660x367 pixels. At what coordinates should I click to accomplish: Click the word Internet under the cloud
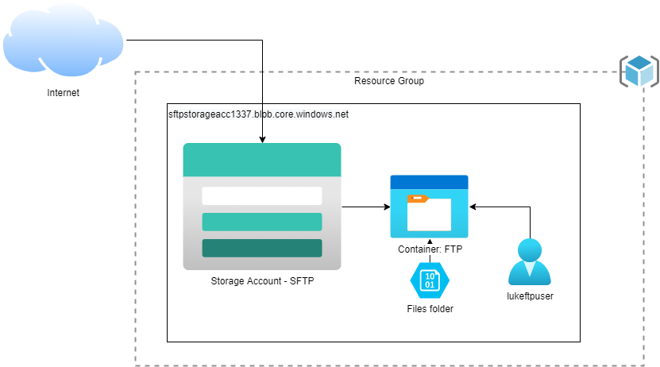click(64, 93)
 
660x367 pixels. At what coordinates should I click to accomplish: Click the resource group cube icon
click(639, 71)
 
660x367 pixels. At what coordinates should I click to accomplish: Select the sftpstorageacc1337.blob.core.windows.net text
click(258, 114)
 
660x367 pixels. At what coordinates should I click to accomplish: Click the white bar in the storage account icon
click(261, 195)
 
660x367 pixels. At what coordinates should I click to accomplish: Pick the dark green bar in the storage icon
click(261, 248)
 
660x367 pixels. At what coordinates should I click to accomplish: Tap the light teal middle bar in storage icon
click(261, 222)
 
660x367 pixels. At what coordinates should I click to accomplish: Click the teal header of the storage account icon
click(261, 160)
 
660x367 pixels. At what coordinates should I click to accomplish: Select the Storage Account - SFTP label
click(262, 282)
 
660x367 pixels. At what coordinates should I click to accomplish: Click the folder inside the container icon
click(429, 212)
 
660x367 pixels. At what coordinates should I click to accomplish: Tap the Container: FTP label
click(430, 249)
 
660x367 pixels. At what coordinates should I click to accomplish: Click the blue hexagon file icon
click(430, 280)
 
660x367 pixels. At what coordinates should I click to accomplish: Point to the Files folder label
click(430, 308)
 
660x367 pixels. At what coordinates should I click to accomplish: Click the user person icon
click(529, 261)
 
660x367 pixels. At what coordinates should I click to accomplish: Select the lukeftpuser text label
click(529, 296)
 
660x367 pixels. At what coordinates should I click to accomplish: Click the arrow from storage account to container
click(365, 207)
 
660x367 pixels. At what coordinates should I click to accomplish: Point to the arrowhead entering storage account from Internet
click(262, 140)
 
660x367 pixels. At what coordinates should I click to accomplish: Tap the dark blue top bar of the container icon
click(429, 181)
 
